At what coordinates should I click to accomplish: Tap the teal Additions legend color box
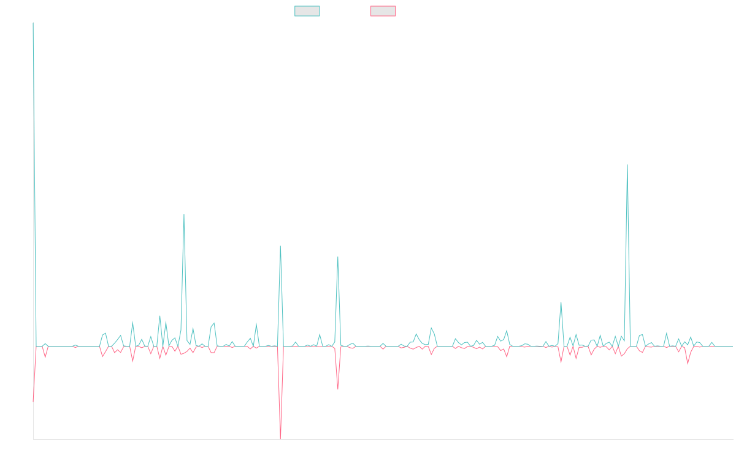point(307,11)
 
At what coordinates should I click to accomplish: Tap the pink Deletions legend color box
point(383,11)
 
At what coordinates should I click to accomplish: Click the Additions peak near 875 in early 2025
point(627,165)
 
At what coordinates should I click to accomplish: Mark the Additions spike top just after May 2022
point(183,215)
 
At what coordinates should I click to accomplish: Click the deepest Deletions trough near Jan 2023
point(281,438)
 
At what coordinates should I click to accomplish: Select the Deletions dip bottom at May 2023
point(338,388)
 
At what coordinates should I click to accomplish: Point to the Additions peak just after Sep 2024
point(561,302)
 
